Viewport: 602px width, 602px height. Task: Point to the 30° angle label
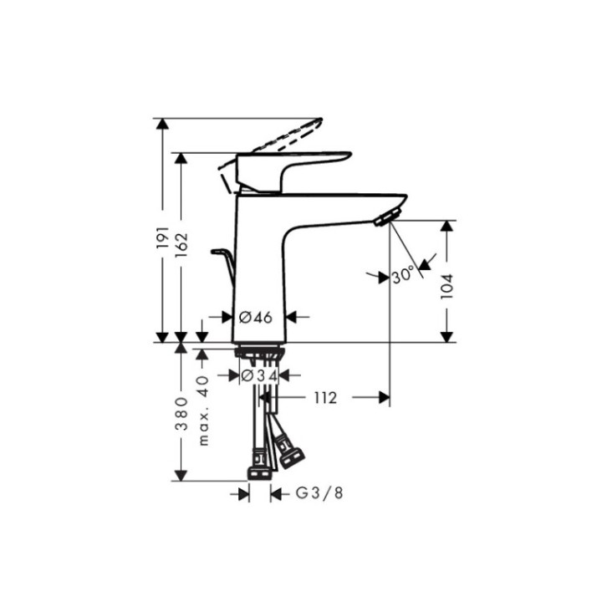pos(403,274)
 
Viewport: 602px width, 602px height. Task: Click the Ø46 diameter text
pos(256,317)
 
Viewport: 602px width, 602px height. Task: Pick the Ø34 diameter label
pos(258,377)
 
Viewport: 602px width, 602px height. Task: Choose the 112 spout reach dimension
pos(326,398)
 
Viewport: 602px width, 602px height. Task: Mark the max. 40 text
pos(202,410)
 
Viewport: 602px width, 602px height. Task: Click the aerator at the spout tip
pos(385,219)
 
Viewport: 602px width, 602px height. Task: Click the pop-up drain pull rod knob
pos(219,251)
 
